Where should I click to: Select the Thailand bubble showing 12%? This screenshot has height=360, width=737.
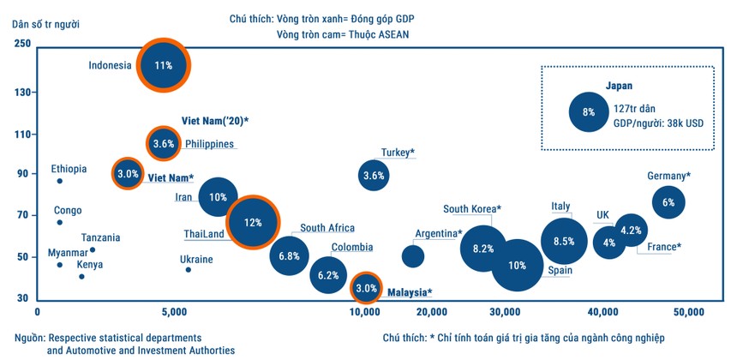tap(252, 222)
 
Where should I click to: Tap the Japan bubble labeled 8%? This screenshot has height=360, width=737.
tap(588, 111)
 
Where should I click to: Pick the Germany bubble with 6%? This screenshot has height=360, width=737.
tap(668, 202)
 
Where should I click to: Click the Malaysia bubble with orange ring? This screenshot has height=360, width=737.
tap(366, 288)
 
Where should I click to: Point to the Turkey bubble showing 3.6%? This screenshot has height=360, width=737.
tap(374, 176)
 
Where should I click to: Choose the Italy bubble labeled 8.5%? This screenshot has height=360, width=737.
tap(563, 242)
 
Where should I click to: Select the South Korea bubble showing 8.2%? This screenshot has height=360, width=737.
tap(483, 249)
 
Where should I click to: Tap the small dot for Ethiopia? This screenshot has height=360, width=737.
tap(59, 181)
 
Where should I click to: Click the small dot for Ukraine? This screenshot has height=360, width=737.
tap(189, 270)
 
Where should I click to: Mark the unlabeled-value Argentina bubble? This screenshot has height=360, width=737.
tap(413, 255)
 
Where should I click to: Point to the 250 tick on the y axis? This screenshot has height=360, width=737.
tap(21, 43)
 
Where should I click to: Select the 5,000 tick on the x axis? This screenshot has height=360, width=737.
tap(174, 311)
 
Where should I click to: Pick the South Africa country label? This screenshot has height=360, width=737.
tap(327, 229)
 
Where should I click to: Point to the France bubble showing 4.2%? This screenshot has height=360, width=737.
tap(631, 230)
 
